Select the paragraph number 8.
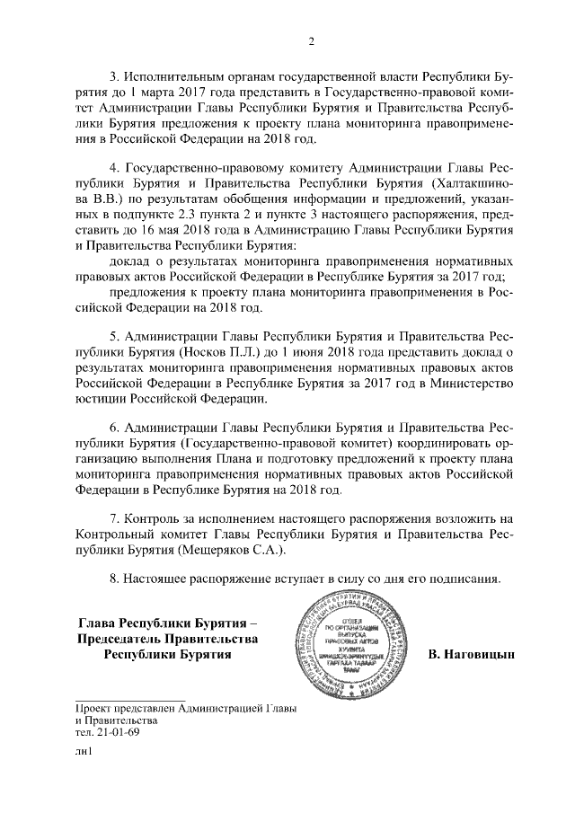pyautogui.click(x=113, y=576)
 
